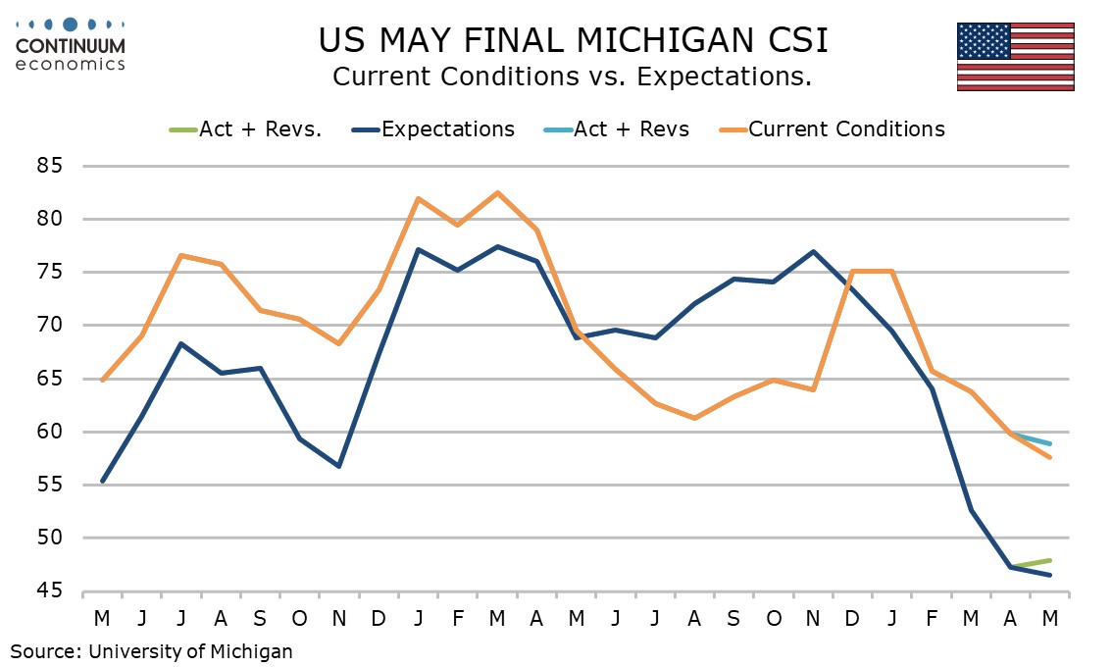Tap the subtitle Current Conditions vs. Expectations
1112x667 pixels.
click(572, 77)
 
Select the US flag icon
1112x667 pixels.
click(1015, 56)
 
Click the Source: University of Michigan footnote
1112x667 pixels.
click(152, 650)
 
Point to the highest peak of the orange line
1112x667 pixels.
click(497, 192)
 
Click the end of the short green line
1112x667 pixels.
click(1050, 560)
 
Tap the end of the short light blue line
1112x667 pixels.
click(1050, 443)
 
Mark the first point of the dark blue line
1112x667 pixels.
click(102, 481)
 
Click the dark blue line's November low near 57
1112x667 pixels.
click(339, 466)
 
